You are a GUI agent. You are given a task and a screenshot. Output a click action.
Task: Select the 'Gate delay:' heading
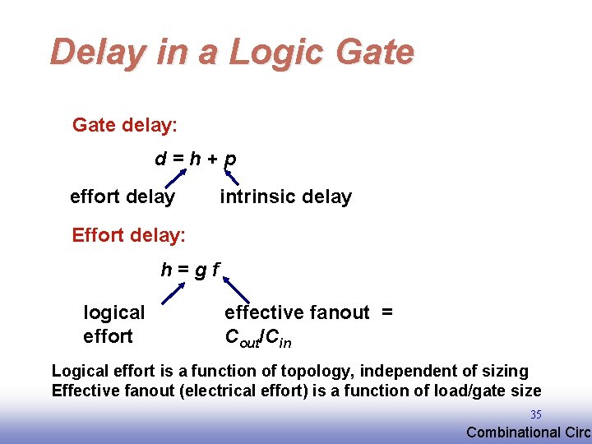click(x=125, y=125)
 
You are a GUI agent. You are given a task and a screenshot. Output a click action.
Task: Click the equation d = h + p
click(x=196, y=158)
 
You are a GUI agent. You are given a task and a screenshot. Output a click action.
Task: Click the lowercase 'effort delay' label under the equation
click(x=123, y=197)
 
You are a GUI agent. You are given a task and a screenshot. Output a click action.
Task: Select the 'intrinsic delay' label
click(x=285, y=197)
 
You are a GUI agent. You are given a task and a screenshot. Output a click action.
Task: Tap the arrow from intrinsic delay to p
click(x=232, y=174)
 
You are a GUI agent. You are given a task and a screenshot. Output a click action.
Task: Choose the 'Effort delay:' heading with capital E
click(x=128, y=235)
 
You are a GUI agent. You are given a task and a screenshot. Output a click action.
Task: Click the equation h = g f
click(x=189, y=269)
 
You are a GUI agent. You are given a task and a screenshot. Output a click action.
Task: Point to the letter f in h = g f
click(x=215, y=269)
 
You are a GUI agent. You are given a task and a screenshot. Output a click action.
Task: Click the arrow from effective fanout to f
click(x=236, y=290)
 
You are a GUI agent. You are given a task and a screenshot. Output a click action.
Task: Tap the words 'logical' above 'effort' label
click(x=114, y=312)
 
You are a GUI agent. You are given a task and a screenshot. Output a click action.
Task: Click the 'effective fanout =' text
click(x=308, y=312)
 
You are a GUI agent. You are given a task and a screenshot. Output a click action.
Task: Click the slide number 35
click(x=535, y=414)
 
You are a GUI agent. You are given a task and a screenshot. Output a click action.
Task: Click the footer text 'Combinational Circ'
click(x=528, y=432)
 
